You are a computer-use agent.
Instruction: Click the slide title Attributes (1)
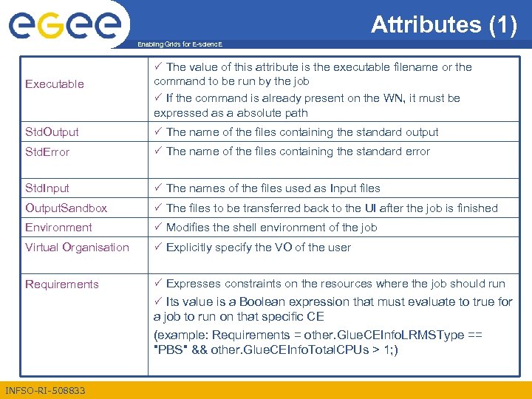443,24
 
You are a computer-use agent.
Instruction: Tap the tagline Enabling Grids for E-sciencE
180,45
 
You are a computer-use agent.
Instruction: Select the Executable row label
55,84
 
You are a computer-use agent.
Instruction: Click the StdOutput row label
52,132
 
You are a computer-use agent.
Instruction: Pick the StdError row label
47,152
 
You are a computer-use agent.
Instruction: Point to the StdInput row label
47,188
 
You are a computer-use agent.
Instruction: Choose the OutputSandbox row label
66,208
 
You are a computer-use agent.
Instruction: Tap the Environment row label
58,228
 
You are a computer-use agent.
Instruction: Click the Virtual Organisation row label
77,248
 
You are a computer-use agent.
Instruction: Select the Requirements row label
61,284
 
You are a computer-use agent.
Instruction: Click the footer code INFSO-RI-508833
45,390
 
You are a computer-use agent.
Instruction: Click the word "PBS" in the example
169,349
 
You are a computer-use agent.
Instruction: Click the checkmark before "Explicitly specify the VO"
158,247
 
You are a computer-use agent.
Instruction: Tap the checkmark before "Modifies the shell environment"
158,227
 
